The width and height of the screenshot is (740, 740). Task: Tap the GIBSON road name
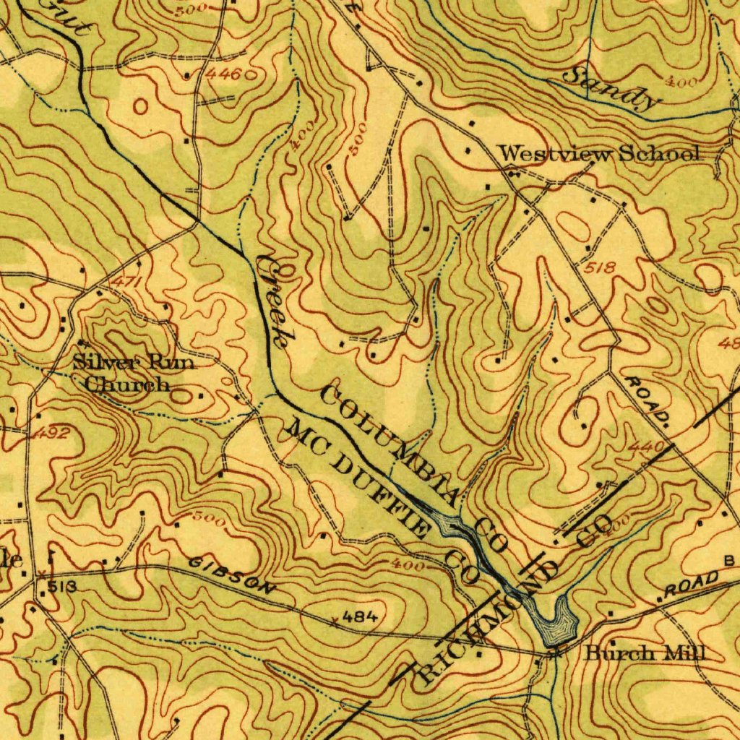click(x=232, y=575)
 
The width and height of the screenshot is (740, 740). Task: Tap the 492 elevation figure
click(x=50, y=434)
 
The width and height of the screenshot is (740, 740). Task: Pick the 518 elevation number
click(x=601, y=268)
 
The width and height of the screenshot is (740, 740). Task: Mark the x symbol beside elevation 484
click(x=334, y=621)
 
